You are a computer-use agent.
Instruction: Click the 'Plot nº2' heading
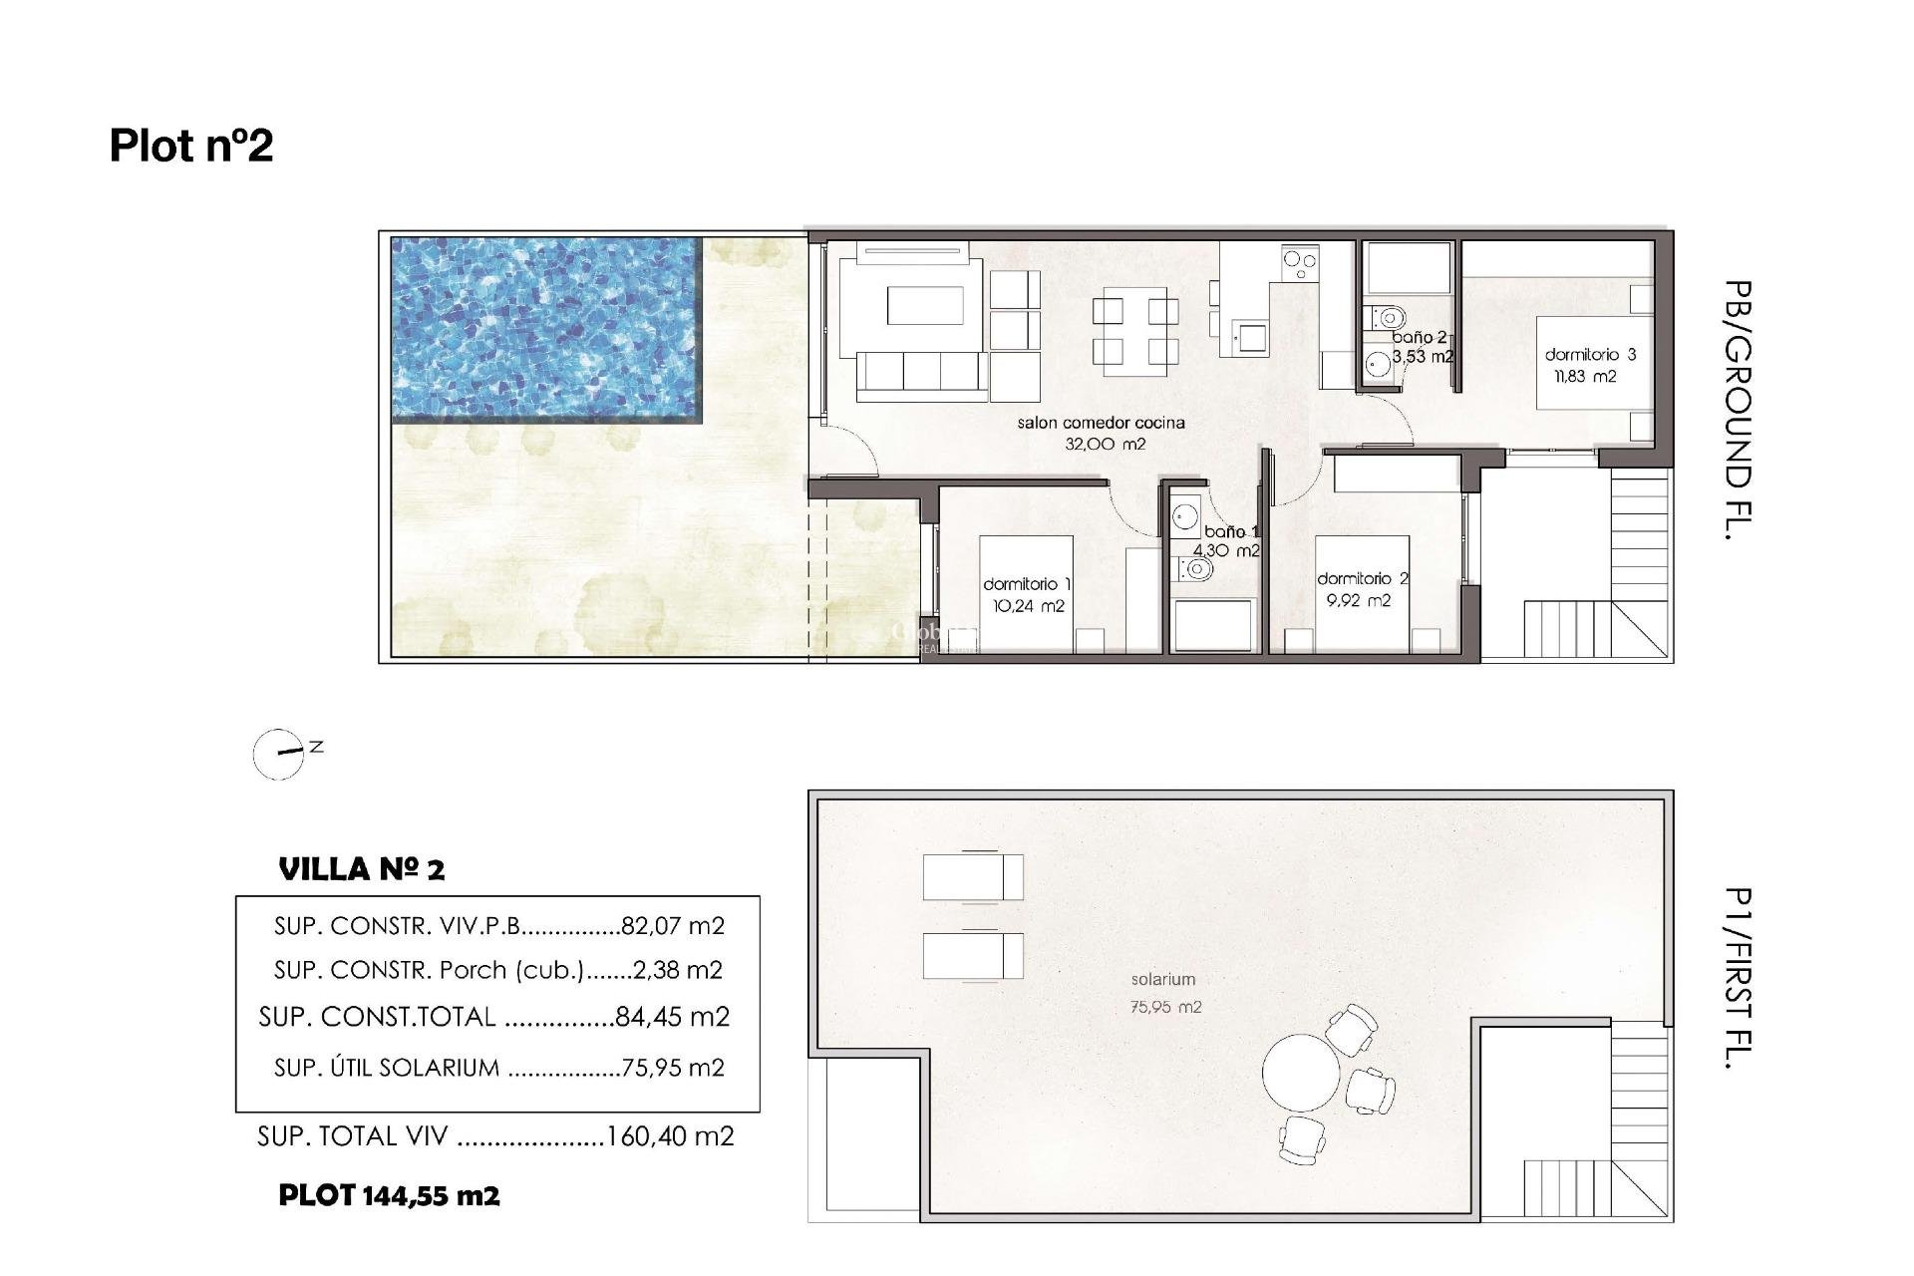tap(191, 146)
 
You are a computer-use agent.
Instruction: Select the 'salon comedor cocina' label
tap(1101, 423)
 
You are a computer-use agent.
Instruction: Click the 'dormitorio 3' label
tap(1590, 354)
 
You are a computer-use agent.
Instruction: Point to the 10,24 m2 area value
tap(1028, 606)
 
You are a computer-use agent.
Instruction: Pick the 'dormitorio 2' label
tap(1362, 578)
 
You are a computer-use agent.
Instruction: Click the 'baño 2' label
tap(1419, 338)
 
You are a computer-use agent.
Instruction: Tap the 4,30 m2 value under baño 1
tap(1226, 550)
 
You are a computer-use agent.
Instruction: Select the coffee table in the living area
tap(925, 306)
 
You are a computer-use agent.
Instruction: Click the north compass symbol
tap(280, 754)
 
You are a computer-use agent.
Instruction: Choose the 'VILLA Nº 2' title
tap(362, 869)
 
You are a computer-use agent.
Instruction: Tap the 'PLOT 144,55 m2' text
tap(389, 1195)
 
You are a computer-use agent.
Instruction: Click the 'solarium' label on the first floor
tap(1162, 980)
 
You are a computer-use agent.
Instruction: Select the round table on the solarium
tap(1301, 1074)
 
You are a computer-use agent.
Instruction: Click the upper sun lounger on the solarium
tap(972, 876)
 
